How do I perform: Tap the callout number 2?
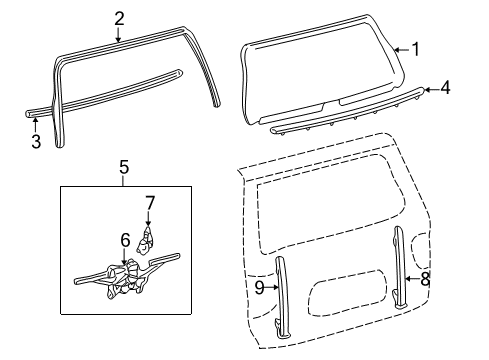(x=119, y=17)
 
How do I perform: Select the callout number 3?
(x=35, y=141)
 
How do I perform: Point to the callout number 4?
(x=444, y=88)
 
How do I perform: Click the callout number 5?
(x=124, y=166)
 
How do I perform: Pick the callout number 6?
(x=126, y=240)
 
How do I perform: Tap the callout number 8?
(x=424, y=280)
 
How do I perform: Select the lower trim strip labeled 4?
(x=340, y=113)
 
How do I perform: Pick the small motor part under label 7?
(x=148, y=238)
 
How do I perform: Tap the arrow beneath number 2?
(x=119, y=33)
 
